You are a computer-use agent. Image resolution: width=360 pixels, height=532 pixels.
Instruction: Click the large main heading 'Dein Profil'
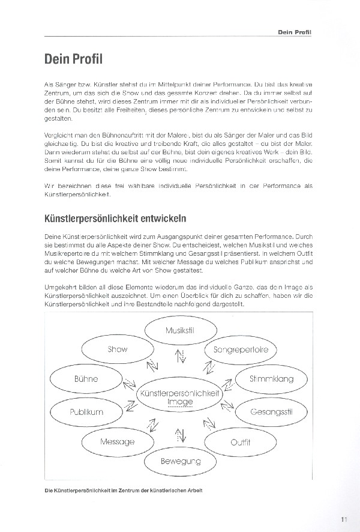click(73, 61)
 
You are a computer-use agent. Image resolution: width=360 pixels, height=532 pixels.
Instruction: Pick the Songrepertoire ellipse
click(240, 349)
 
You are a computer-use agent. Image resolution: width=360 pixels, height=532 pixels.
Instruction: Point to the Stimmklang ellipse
click(271, 379)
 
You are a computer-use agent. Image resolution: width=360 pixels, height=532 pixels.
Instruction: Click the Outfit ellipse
click(240, 442)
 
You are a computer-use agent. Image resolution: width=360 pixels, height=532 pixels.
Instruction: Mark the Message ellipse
click(117, 442)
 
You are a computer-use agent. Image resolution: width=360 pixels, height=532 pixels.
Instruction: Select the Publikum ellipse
click(86, 412)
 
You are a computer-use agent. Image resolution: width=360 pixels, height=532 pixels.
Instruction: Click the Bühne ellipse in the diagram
click(86, 379)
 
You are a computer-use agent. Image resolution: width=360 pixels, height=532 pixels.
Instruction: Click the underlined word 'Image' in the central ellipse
click(180, 402)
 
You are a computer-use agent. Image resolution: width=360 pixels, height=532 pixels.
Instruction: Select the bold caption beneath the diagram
click(124, 491)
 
